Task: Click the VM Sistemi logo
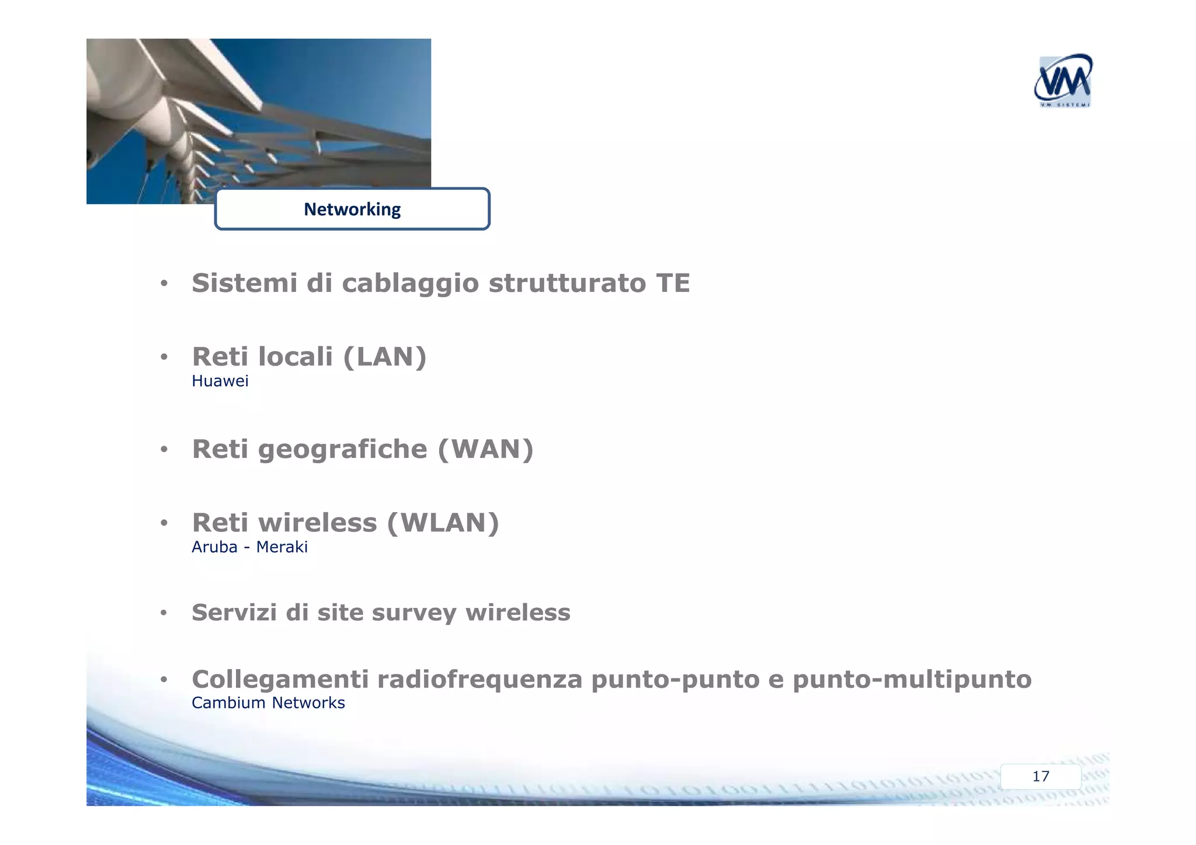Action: point(1062,82)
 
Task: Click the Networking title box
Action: point(352,209)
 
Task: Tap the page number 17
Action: point(1040,776)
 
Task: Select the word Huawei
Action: point(220,381)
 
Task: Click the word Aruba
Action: point(214,547)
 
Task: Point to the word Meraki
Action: point(281,547)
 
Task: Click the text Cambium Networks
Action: point(268,703)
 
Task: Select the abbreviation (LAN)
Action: point(385,357)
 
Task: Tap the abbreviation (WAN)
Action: point(485,449)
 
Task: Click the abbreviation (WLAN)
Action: point(443,523)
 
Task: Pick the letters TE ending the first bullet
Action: point(673,283)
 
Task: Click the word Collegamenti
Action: point(280,680)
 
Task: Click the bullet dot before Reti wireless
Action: point(164,523)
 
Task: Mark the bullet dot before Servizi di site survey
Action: point(164,613)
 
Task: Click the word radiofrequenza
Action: point(479,680)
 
